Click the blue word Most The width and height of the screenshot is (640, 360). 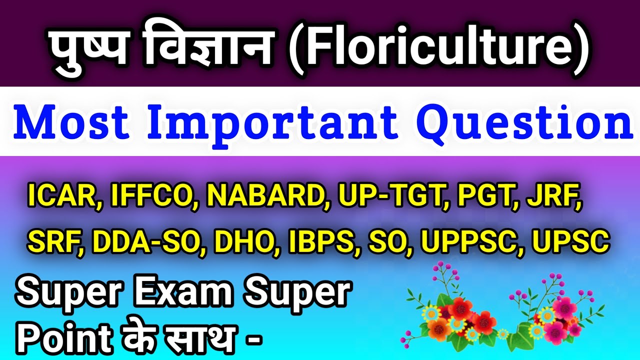coord(72,122)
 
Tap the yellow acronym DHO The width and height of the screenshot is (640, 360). coord(247,242)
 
